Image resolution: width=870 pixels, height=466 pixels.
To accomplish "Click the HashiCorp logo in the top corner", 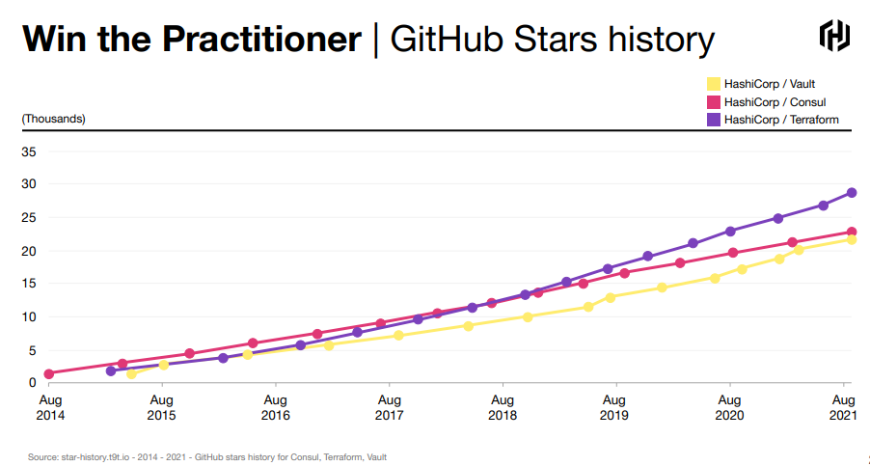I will tap(834, 36).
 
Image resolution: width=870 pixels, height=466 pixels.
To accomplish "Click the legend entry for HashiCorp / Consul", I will tap(766, 101).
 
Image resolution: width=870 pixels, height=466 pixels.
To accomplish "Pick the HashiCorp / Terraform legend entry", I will tap(772, 120).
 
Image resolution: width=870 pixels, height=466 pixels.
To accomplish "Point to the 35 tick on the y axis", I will tap(28, 151).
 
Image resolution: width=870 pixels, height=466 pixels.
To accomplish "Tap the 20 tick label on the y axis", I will tap(28, 251).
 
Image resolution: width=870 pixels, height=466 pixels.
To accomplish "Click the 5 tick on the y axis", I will tap(31, 350).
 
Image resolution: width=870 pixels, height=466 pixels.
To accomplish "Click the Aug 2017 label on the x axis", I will tap(389, 406).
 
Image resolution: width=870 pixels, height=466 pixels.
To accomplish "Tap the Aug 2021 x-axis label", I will tap(843, 406).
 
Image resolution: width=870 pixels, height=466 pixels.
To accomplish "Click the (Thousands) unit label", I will tap(54, 119).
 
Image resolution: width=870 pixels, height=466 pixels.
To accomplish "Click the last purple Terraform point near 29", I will tap(852, 193).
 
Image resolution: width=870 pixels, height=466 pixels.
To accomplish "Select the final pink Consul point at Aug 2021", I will tap(852, 232).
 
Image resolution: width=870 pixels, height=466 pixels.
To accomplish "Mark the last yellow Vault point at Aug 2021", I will tap(851, 239).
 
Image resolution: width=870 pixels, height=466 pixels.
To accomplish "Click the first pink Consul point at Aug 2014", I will tap(48, 373).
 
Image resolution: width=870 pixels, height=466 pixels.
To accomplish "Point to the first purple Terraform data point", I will tap(111, 370).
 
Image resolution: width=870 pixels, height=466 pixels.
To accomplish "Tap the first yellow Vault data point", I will tap(131, 374).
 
